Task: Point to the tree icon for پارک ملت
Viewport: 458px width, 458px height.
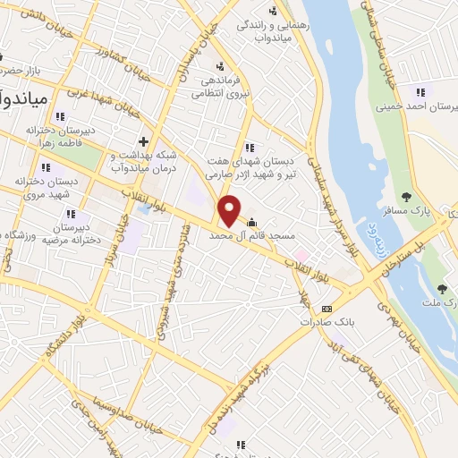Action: pos(442,288)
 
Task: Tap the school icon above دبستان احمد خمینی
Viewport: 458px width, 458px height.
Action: pos(419,91)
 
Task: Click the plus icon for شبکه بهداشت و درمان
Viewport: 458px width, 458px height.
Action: pos(144,141)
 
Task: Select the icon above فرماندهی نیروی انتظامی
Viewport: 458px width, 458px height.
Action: pos(220,64)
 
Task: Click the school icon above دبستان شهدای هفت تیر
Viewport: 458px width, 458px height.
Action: pos(249,147)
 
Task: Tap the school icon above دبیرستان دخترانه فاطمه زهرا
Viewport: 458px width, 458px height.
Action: pos(60,115)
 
